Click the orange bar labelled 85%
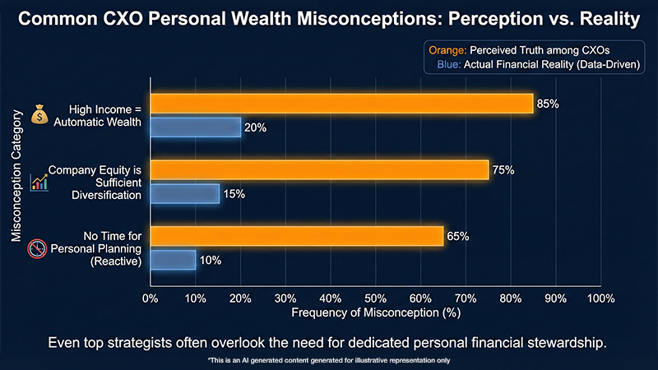tap(341, 104)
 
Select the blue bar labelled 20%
tap(196, 127)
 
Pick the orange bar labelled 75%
tap(319, 170)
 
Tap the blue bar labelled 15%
tap(184, 193)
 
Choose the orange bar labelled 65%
tap(297, 237)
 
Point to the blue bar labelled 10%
tap(173, 260)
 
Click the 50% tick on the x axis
tap(375, 297)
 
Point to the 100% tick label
tap(600, 297)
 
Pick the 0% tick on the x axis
tap(150, 297)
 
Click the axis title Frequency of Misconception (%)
tap(375, 313)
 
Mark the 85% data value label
tap(548, 104)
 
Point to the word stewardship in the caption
tap(567, 341)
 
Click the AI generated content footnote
tap(328, 360)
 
